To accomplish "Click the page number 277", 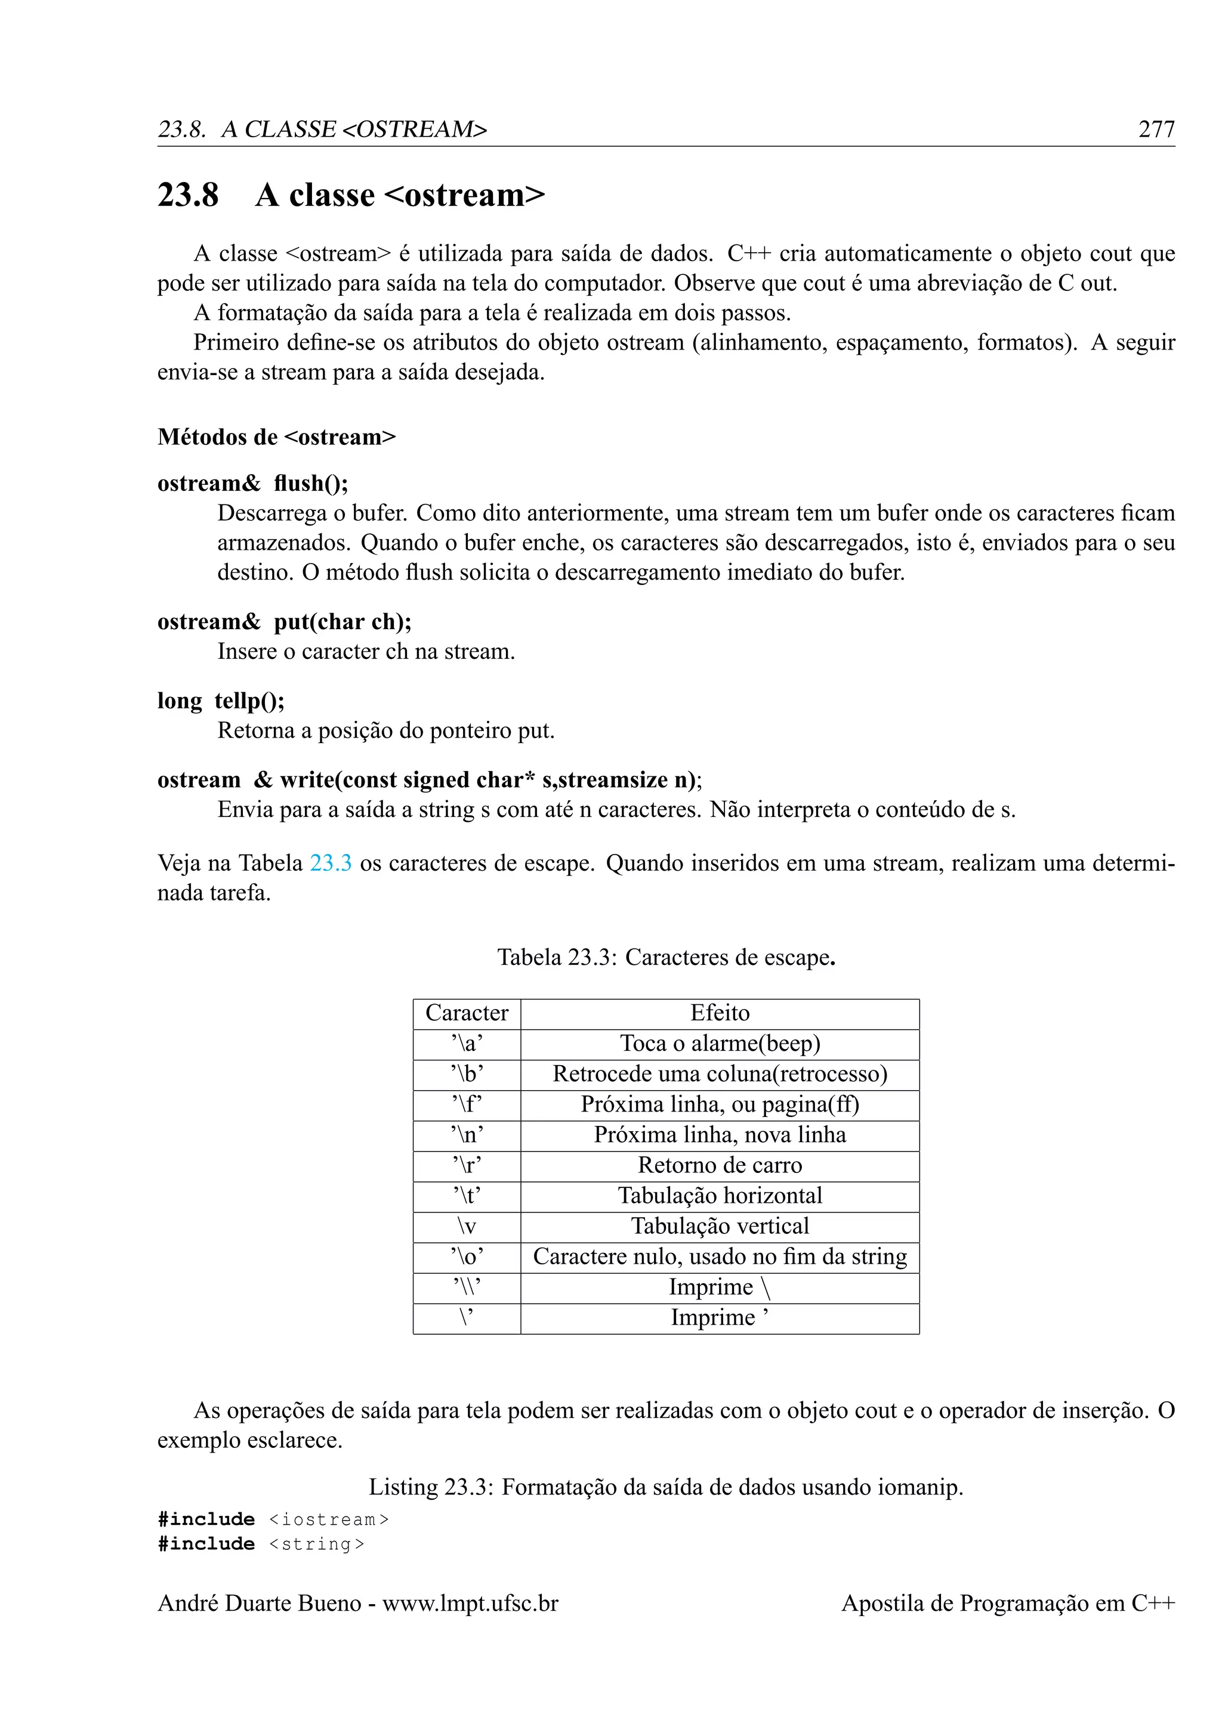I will (x=1156, y=129).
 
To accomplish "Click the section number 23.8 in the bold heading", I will (x=188, y=195).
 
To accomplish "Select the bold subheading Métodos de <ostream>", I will (x=276, y=437).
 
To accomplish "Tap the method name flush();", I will (x=311, y=483).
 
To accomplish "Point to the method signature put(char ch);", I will (x=342, y=621).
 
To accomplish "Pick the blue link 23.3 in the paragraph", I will (x=331, y=863).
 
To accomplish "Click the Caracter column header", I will (x=467, y=1013).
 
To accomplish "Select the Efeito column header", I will (x=720, y=1013).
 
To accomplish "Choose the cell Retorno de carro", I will (x=720, y=1165).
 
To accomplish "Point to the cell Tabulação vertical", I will (x=720, y=1226).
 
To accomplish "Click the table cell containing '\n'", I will (x=467, y=1135).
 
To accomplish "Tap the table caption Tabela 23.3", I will (x=666, y=958).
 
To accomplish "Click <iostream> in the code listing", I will (x=329, y=1519).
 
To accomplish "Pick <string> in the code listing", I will (x=317, y=1544).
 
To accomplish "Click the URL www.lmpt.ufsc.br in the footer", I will (x=470, y=1603).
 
